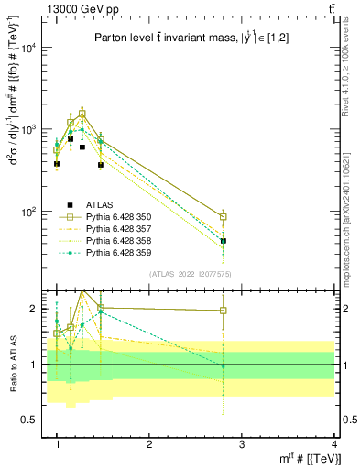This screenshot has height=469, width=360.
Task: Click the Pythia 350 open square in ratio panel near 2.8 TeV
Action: [x=224, y=311]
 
